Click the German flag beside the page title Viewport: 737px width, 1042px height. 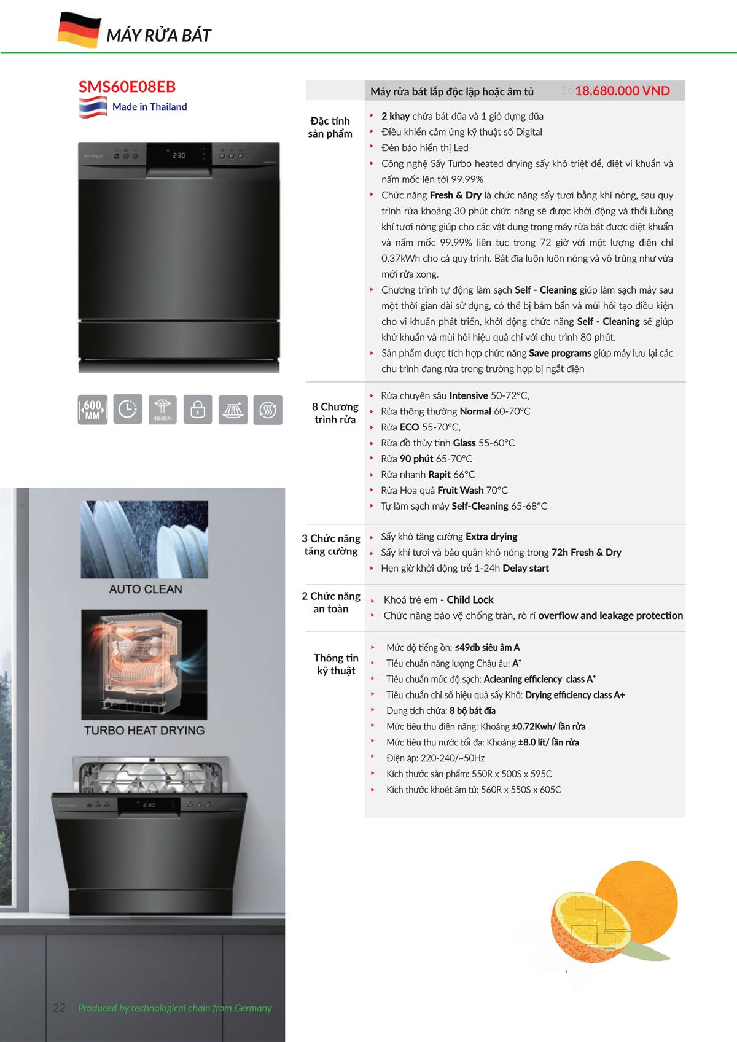(x=79, y=31)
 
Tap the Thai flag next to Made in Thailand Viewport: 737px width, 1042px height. (x=93, y=107)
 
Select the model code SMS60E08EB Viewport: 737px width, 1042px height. (x=127, y=87)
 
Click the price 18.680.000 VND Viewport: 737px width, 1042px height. (x=622, y=91)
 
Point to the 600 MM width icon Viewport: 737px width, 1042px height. (x=92, y=410)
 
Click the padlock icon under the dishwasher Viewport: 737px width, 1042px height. (x=198, y=410)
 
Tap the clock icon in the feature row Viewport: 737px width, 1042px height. (x=127, y=409)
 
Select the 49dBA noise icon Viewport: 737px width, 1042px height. (x=162, y=410)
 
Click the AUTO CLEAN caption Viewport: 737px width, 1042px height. (x=146, y=589)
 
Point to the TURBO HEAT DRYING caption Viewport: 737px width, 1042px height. (x=144, y=730)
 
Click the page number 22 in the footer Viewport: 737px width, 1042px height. (x=59, y=1008)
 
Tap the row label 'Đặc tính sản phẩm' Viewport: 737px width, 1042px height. (x=330, y=127)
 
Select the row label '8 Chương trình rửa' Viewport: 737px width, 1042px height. (x=335, y=413)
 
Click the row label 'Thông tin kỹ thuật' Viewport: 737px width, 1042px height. (x=336, y=664)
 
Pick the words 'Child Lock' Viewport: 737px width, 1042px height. (x=470, y=600)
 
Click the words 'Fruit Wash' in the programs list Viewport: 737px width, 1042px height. (x=460, y=490)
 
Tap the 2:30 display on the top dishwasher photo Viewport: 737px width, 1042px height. (x=179, y=156)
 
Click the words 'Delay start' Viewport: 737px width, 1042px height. (x=526, y=568)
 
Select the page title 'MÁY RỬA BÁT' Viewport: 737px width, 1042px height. (x=158, y=36)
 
